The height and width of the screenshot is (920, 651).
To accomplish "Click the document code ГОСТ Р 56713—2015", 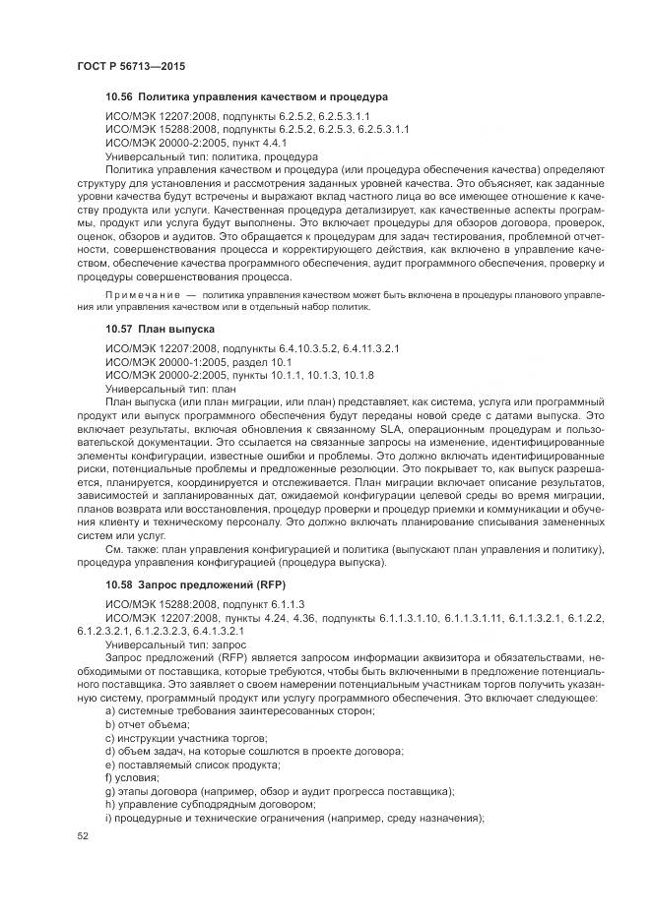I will coord(130,64).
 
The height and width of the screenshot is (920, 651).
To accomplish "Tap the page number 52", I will coord(83,835).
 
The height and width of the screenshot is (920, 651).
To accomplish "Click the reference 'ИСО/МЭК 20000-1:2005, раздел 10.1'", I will coord(201,362).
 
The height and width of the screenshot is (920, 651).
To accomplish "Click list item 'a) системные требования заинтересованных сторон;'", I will coord(238,709).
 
